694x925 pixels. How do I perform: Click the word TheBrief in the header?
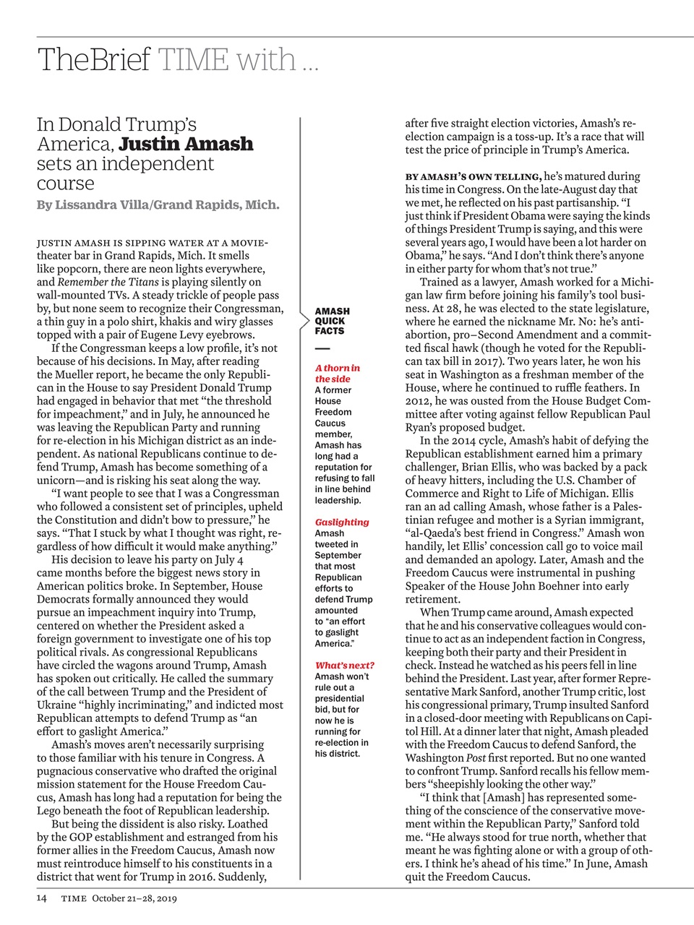point(94,59)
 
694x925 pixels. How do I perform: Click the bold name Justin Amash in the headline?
point(186,144)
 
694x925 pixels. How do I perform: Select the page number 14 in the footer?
point(42,898)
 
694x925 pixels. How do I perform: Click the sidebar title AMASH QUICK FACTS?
point(332,321)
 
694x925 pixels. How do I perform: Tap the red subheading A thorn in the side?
point(337,373)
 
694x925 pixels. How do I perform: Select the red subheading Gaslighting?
point(341,522)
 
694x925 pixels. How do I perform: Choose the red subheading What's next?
point(344,665)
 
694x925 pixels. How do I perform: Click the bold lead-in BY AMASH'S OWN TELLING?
point(473,176)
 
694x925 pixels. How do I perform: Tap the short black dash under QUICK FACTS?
point(322,349)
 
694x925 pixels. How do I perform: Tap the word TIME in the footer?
point(74,898)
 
